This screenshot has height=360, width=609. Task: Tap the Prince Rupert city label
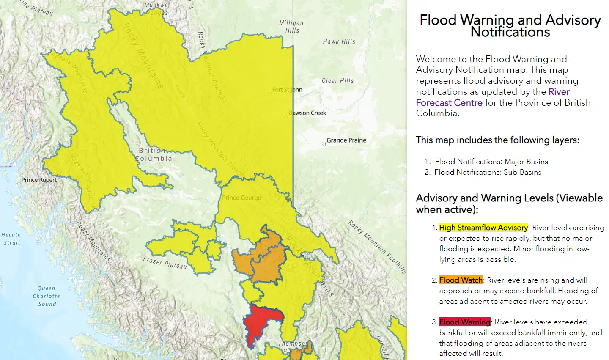[39, 180]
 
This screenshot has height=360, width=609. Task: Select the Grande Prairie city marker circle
[324, 144]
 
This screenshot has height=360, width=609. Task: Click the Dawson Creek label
[307, 113]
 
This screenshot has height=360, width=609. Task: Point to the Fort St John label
[287, 90]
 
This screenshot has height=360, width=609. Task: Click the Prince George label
[241, 198]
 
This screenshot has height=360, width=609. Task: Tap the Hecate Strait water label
[11, 239]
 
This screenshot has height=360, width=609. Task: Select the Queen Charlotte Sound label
[46, 296]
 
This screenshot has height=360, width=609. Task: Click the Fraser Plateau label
[165, 263]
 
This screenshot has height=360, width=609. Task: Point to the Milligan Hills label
[291, 27]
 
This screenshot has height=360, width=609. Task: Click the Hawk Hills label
[339, 41]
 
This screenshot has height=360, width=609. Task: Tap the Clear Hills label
[337, 80]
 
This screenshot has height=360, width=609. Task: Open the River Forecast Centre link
[449, 103]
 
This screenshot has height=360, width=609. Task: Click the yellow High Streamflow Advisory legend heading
[483, 228]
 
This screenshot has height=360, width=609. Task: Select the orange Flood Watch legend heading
[461, 280]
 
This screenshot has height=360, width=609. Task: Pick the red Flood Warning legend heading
[464, 322]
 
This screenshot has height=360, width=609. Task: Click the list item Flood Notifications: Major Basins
[491, 162]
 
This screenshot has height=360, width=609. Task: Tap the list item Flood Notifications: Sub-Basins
[488, 172]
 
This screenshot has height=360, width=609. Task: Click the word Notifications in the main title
[510, 32]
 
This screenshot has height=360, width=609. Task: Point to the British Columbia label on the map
[154, 154]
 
